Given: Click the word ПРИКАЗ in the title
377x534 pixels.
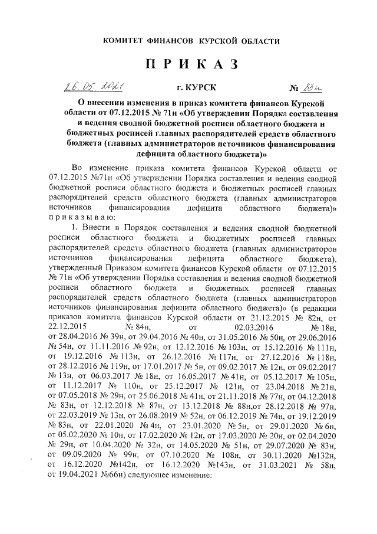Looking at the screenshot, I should [188, 64].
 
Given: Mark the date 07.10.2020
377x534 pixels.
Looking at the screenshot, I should [200, 458].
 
